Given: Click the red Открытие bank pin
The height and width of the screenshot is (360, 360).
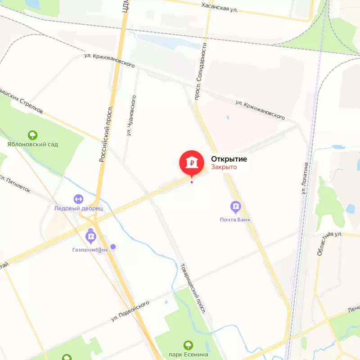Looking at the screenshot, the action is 192,162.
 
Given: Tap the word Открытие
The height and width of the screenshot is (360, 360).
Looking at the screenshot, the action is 229,159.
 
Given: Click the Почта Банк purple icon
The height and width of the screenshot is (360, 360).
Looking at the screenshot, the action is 235,207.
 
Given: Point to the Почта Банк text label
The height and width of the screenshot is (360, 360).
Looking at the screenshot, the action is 235,220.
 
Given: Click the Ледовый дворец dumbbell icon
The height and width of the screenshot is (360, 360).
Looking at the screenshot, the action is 79,198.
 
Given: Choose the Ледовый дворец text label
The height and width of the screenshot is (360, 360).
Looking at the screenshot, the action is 79,208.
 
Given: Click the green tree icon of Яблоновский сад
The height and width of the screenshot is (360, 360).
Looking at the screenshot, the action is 32,135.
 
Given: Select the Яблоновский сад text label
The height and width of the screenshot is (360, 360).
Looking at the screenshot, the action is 32,144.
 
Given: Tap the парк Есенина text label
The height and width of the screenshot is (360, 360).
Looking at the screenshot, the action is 189,355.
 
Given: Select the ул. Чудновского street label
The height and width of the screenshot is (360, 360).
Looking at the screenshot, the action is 131,115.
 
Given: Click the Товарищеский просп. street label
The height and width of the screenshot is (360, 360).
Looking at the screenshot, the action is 193,288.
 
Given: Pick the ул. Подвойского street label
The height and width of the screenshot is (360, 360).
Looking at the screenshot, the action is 130,311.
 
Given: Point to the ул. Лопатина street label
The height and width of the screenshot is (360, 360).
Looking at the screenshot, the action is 306,178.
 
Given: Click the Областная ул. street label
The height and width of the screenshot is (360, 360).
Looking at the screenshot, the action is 329,243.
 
